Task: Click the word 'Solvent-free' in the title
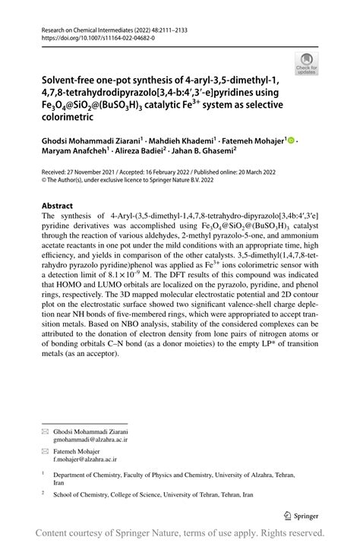tap(74, 77)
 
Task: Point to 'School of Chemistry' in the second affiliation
tap(85, 493)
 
